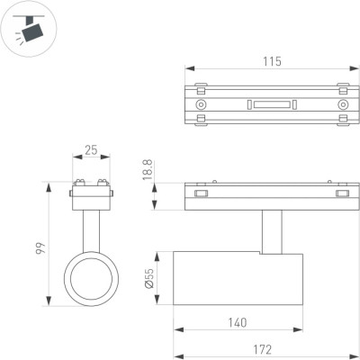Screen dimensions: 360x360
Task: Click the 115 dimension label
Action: point(273,61)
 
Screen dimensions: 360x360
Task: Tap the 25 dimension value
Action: point(91,149)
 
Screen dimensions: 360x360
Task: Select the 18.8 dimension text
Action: point(148,170)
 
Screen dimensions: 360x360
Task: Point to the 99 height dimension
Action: point(40,248)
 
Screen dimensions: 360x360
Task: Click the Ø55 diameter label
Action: point(149,278)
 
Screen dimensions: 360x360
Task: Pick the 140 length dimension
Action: point(238,323)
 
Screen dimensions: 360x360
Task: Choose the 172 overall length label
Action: point(262,350)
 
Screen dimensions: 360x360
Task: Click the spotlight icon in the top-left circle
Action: point(30,29)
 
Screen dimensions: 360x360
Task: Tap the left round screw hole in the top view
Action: point(201,105)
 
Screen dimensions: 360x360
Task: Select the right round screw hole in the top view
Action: point(342,105)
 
